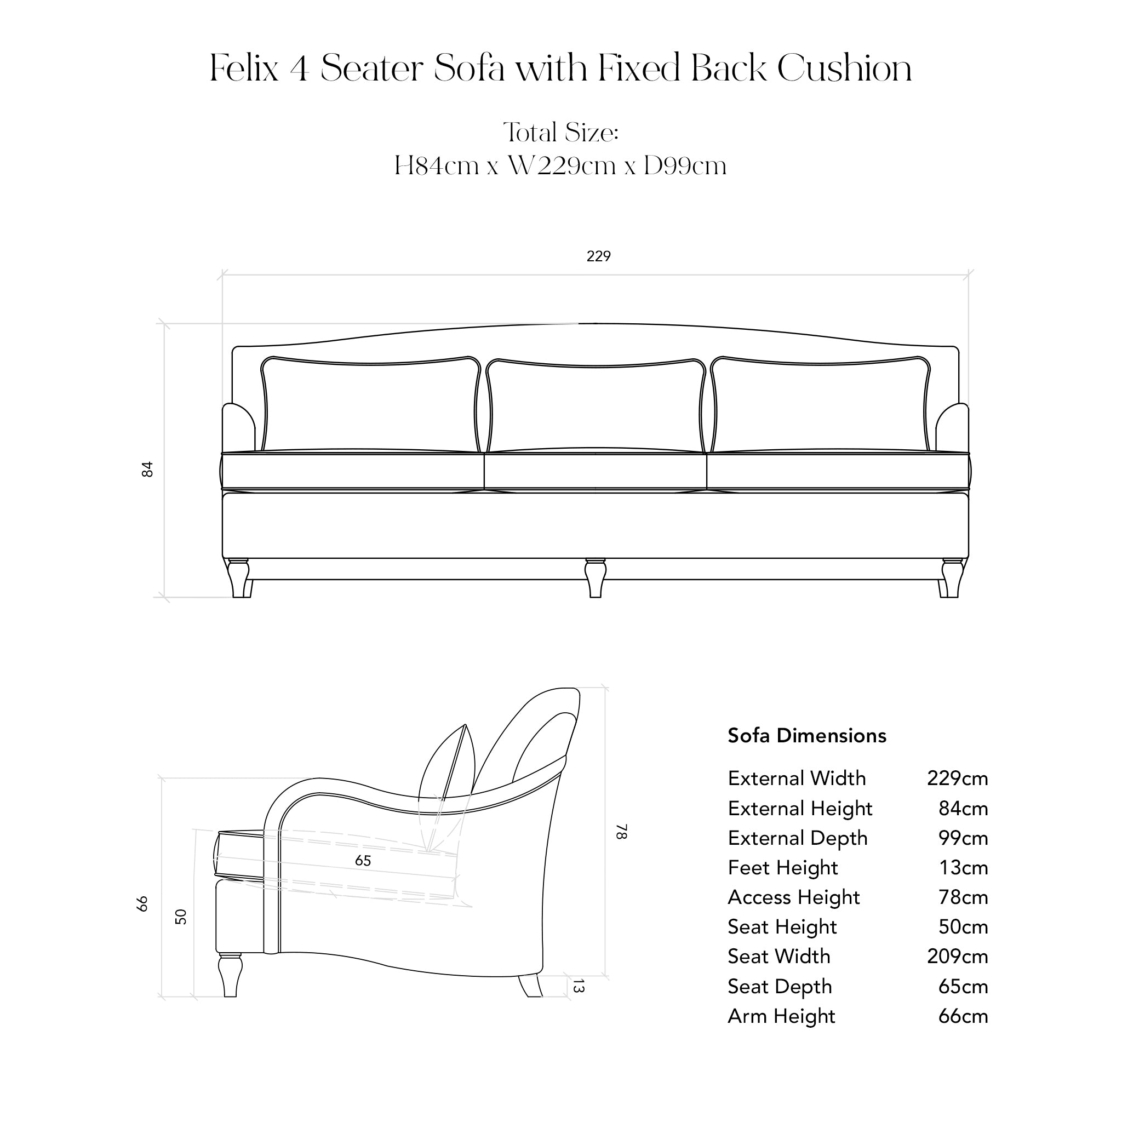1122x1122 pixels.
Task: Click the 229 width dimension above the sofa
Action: tap(598, 256)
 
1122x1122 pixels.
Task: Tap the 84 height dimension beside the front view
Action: tap(147, 470)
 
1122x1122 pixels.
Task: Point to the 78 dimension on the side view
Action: tap(621, 832)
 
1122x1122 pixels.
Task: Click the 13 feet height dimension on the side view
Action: tap(578, 986)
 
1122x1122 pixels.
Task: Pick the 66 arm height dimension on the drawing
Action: tap(142, 903)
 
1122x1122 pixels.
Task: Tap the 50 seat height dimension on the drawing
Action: tap(181, 917)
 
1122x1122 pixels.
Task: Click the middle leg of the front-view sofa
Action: tap(596, 578)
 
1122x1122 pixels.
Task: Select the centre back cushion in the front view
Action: tap(596, 405)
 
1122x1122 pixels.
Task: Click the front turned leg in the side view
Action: tap(230, 975)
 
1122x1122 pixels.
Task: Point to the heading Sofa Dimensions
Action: tap(806, 736)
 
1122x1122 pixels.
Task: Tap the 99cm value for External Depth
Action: tap(963, 838)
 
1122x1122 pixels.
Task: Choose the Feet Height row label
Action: tap(782, 868)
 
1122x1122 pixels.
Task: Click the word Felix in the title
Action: tap(244, 68)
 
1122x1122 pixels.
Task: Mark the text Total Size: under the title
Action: tap(561, 133)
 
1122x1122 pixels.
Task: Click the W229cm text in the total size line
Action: tap(562, 166)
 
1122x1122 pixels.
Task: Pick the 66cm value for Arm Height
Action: tap(963, 1016)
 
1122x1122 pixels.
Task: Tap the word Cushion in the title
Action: tap(844, 68)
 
